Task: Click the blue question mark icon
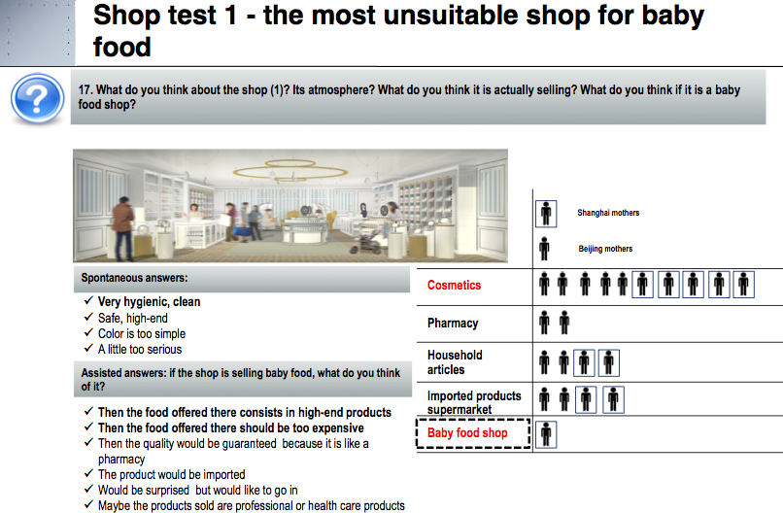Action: [38, 98]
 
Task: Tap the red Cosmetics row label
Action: [454, 286]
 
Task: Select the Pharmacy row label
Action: [453, 324]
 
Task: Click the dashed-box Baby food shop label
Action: [473, 433]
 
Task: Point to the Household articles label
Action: [455, 362]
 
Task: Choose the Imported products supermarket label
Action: [474, 402]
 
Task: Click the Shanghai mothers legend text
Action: [608, 213]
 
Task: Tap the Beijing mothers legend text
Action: [605, 249]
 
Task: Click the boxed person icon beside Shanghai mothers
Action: [546, 214]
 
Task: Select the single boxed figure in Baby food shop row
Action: [546, 434]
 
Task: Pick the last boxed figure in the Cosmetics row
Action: [743, 285]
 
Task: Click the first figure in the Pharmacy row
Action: [544, 323]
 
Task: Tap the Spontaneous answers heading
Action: [134, 278]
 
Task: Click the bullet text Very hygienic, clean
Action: [149, 302]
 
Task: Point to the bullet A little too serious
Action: [140, 349]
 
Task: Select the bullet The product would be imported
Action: [171, 474]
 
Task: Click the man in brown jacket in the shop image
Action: [122, 228]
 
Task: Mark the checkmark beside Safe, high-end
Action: [88, 317]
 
